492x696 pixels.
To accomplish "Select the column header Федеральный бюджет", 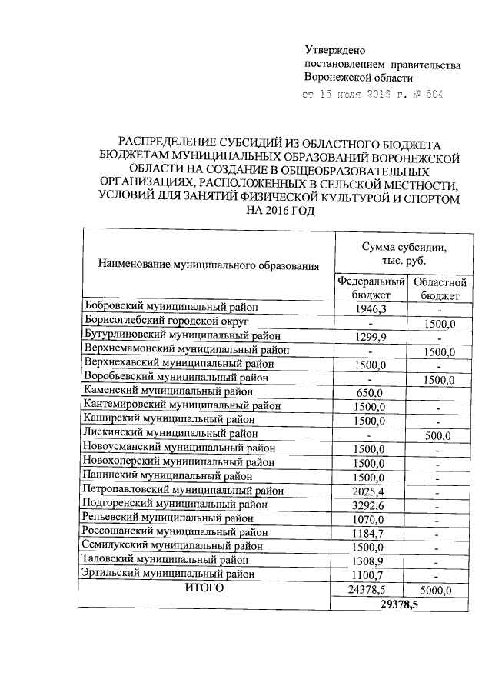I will (370, 288).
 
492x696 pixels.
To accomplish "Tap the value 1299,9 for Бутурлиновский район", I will (370, 336).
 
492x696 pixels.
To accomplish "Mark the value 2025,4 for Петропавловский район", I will (370, 490).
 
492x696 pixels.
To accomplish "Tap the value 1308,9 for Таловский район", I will (370, 560).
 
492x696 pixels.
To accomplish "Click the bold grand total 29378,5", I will (404, 604).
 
